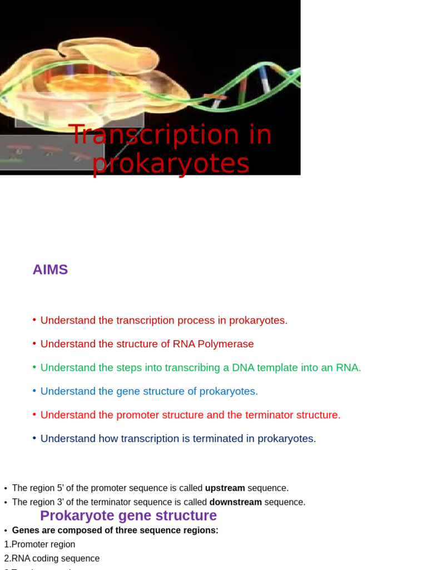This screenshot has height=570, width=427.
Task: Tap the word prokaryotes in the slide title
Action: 171,164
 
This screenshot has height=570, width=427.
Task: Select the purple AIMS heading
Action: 50,270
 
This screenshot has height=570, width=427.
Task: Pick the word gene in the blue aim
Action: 126,391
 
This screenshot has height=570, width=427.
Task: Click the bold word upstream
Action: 225,488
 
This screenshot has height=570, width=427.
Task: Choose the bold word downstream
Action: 235,502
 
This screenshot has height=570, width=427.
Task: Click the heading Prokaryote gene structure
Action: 128,516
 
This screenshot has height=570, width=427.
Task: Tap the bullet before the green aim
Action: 34,367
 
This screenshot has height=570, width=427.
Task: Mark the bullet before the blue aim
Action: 34,391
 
